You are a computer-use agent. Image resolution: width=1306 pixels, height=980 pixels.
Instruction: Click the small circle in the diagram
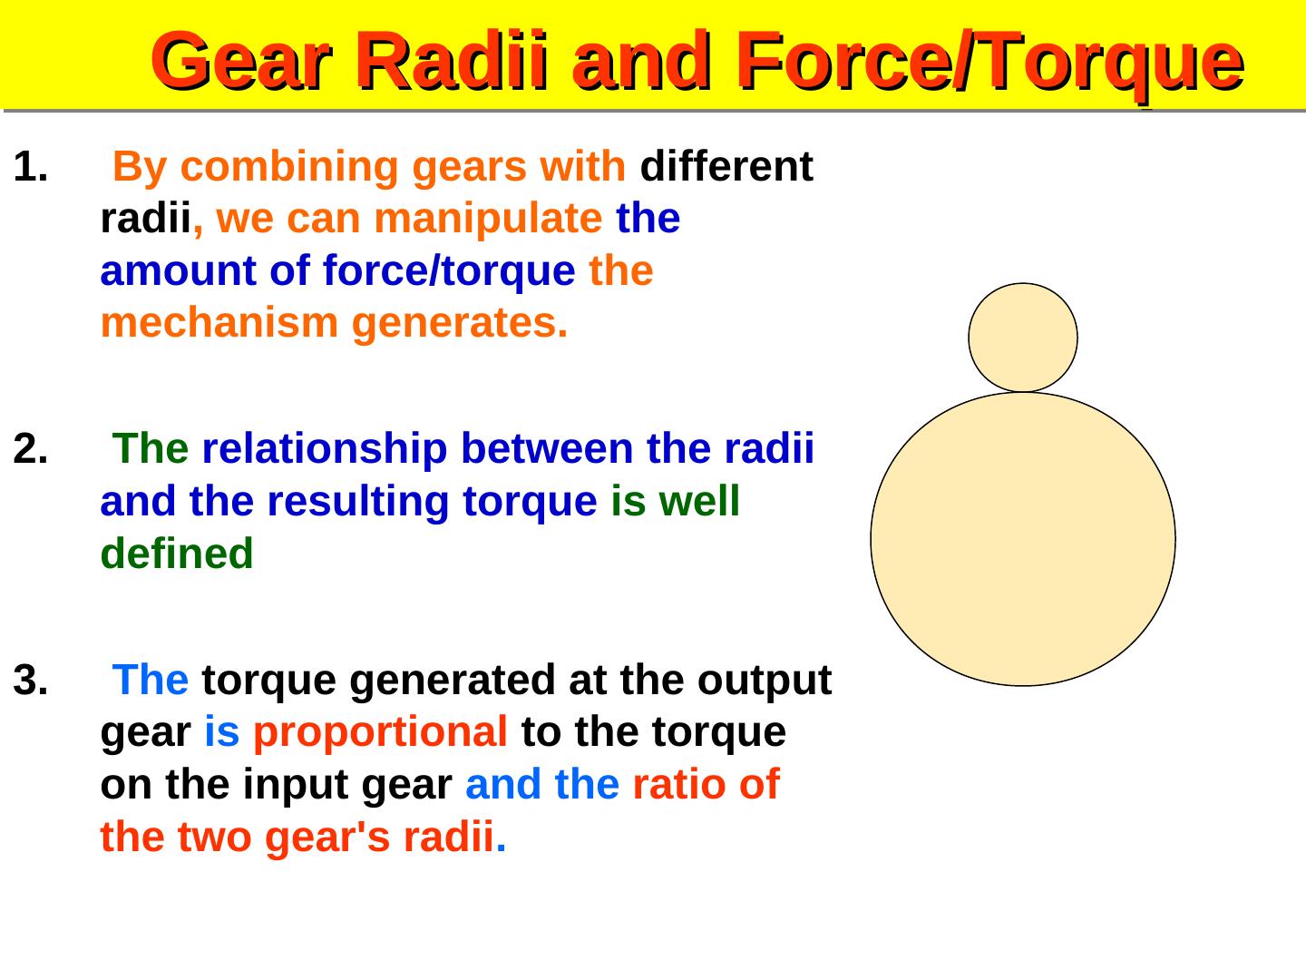[x=1023, y=338]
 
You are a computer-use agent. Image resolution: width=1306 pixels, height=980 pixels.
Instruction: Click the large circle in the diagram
[x=1023, y=539]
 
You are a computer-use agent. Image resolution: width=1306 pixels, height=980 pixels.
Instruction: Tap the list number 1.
[x=30, y=166]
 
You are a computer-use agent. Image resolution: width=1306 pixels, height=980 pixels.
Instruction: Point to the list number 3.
[x=30, y=680]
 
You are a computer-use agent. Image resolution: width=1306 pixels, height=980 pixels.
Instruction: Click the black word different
[x=726, y=166]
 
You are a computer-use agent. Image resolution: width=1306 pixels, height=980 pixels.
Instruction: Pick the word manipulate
[x=489, y=220]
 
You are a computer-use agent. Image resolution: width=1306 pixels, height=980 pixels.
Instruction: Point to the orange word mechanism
[x=219, y=323]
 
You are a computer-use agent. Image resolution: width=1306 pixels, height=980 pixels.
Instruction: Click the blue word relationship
[x=325, y=449]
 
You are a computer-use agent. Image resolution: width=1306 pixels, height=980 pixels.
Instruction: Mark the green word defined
[x=177, y=554]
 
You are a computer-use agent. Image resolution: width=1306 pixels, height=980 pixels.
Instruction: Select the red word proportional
[x=380, y=734]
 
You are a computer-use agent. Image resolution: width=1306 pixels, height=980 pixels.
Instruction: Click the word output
[x=765, y=681]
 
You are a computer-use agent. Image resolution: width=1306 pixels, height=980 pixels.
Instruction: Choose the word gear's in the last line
[x=327, y=838]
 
